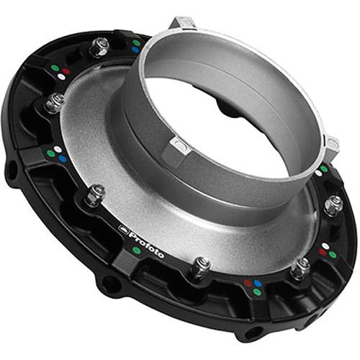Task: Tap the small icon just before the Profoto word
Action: pyautogui.click(x=123, y=229)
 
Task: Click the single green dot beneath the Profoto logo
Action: pyautogui.click(x=137, y=251)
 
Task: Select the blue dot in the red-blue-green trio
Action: pyautogui.click(x=257, y=283)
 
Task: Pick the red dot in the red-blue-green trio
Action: pyautogui.click(x=247, y=283)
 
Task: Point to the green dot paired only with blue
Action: pyautogui.click(x=136, y=42)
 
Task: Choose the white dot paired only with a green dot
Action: pyautogui.click(x=318, y=172)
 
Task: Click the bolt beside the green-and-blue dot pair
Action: pyautogui.click(x=99, y=48)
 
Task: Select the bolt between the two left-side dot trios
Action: pyautogui.click(x=54, y=103)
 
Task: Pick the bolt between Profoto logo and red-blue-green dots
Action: pyautogui.click(x=200, y=266)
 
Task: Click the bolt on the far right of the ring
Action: pyautogui.click(x=333, y=205)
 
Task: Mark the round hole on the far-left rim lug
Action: pyautogui.click(x=12, y=171)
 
